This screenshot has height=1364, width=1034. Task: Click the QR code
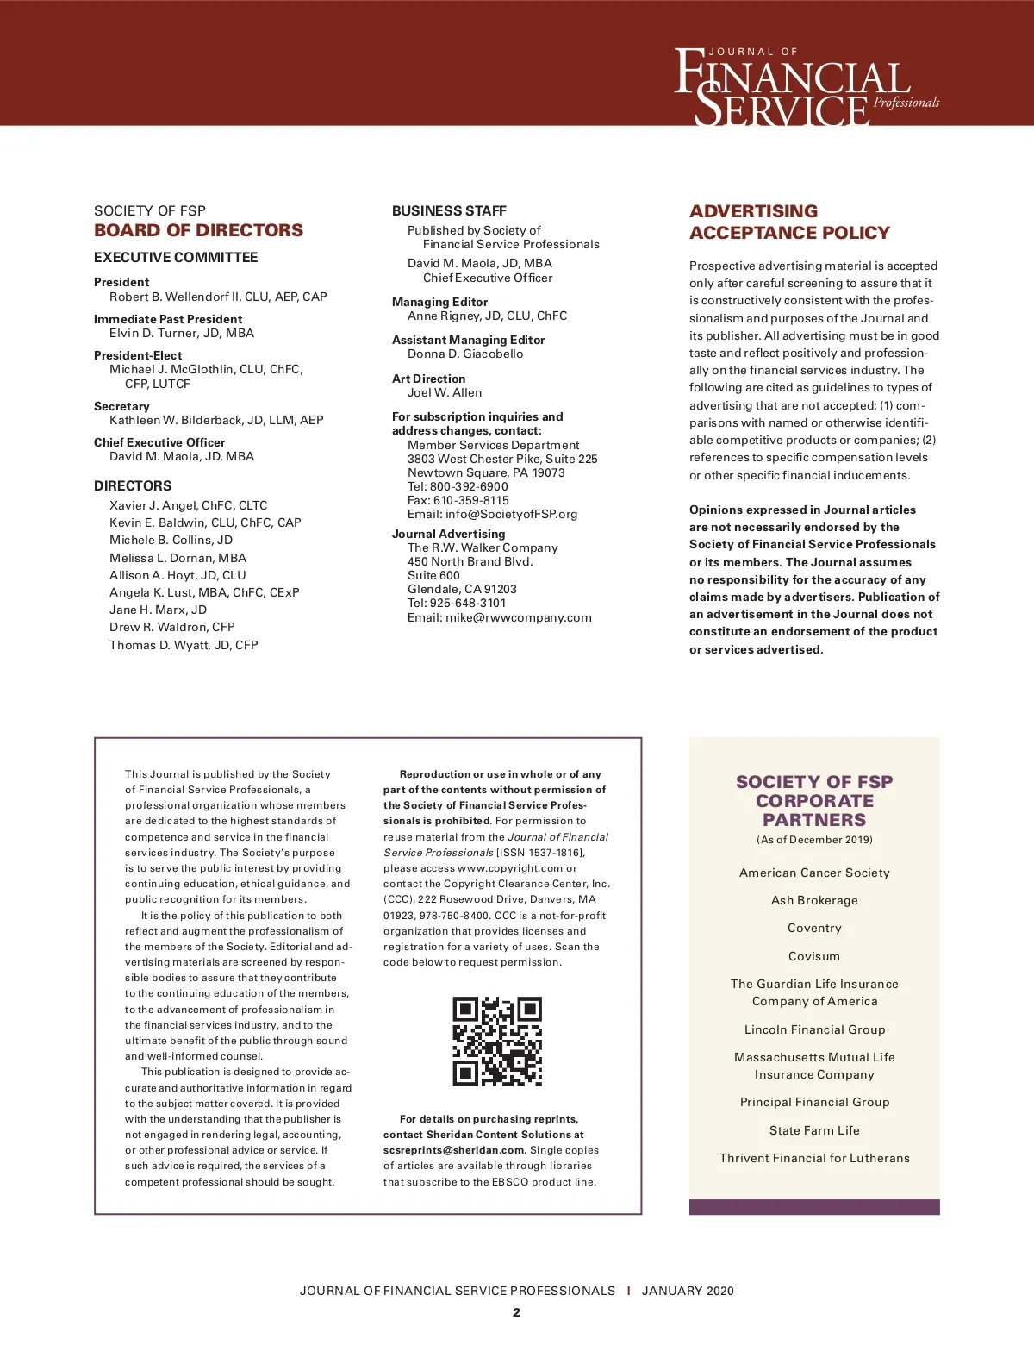point(497,1042)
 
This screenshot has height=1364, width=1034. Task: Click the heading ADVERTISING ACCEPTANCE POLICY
point(789,222)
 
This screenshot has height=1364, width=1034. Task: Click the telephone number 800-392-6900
point(469,486)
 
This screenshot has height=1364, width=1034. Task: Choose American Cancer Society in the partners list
point(814,873)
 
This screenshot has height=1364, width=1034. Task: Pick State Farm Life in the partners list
point(814,1130)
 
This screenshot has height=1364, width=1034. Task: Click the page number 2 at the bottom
point(516,1312)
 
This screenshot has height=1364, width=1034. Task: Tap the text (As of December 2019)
point(814,840)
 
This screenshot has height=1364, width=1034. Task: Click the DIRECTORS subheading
point(133,485)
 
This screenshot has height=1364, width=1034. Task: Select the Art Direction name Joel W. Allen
point(445,392)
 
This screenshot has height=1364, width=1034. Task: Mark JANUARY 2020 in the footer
point(688,1291)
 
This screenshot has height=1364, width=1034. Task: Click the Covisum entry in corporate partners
point(814,956)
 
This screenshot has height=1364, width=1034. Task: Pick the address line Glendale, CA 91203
point(462,589)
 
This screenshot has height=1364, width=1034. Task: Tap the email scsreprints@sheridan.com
point(454,1150)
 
